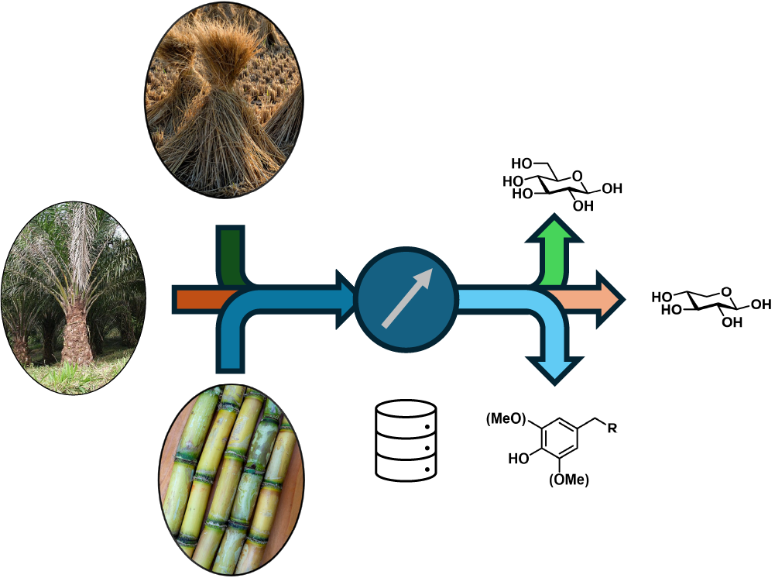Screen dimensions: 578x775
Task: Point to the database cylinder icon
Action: (x=405, y=439)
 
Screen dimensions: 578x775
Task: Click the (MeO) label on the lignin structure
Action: (x=506, y=419)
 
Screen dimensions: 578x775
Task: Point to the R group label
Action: (x=612, y=429)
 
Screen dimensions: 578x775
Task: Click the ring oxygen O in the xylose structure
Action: (x=725, y=292)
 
